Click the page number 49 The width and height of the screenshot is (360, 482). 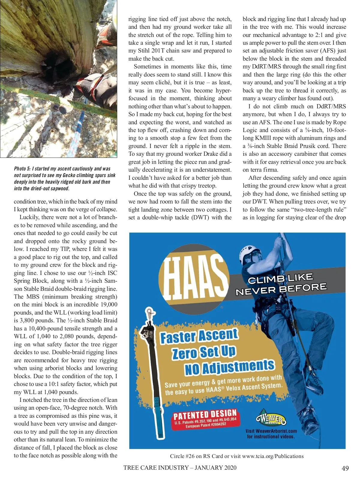(345, 468)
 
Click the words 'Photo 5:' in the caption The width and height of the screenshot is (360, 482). (22, 169)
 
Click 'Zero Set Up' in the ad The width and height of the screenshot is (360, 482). (204, 352)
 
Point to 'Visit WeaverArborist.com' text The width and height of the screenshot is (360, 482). (271, 431)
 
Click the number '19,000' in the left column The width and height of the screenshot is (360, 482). (107, 304)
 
